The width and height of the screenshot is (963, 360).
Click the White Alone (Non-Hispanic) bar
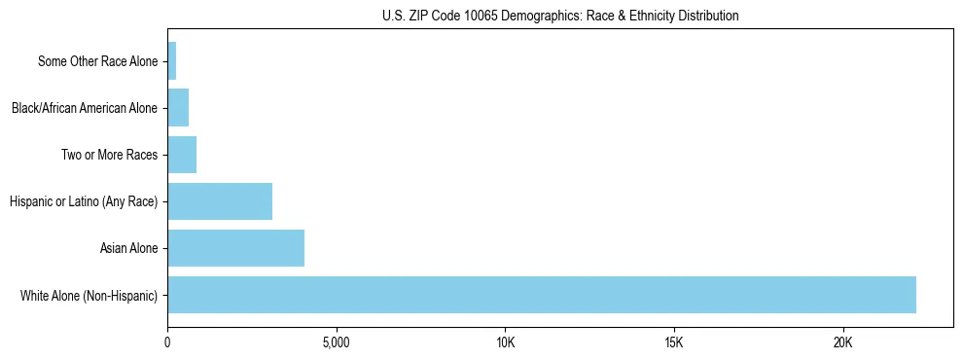(542, 295)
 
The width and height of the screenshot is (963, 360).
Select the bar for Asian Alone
(236, 248)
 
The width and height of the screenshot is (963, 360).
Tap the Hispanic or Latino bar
(220, 201)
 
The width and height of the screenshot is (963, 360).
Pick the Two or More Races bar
(182, 155)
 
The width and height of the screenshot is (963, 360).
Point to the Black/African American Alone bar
(178, 108)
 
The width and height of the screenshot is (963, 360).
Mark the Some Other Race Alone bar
(172, 61)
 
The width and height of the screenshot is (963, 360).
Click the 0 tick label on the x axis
(168, 343)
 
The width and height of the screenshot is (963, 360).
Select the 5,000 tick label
(337, 343)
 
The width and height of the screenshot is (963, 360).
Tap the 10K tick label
(505, 343)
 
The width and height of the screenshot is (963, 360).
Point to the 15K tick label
(674, 343)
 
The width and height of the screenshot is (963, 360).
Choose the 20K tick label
(842, 343)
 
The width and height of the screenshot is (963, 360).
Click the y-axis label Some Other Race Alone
(97, 61)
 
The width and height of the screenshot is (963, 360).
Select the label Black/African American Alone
(84, 108)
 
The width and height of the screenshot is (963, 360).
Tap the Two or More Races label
(109, 155)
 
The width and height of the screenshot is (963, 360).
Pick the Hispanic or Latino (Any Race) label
(83, 201)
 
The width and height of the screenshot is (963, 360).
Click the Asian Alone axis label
(128, 248)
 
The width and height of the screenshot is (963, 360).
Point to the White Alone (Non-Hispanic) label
(89, 295)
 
